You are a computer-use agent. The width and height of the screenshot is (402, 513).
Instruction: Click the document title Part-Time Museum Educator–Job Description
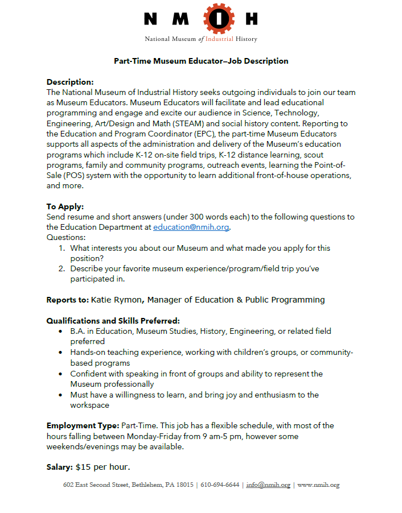[201, 61]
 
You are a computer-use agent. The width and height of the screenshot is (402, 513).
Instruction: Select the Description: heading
[70, 82]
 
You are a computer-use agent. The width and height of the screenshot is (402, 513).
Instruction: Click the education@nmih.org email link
[191, 227]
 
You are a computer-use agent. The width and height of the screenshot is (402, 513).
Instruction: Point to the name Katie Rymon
[116, 300]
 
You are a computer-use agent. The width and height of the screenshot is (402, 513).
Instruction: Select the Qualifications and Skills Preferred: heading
[113, 321]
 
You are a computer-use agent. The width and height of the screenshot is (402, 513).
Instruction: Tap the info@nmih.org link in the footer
[268, 485]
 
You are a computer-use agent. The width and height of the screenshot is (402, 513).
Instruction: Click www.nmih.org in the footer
[318, 485]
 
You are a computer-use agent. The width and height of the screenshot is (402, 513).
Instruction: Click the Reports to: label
[67, 300]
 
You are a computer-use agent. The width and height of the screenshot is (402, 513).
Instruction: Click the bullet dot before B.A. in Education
[61, 331]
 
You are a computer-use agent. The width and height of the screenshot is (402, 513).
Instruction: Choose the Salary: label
[60, 468]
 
